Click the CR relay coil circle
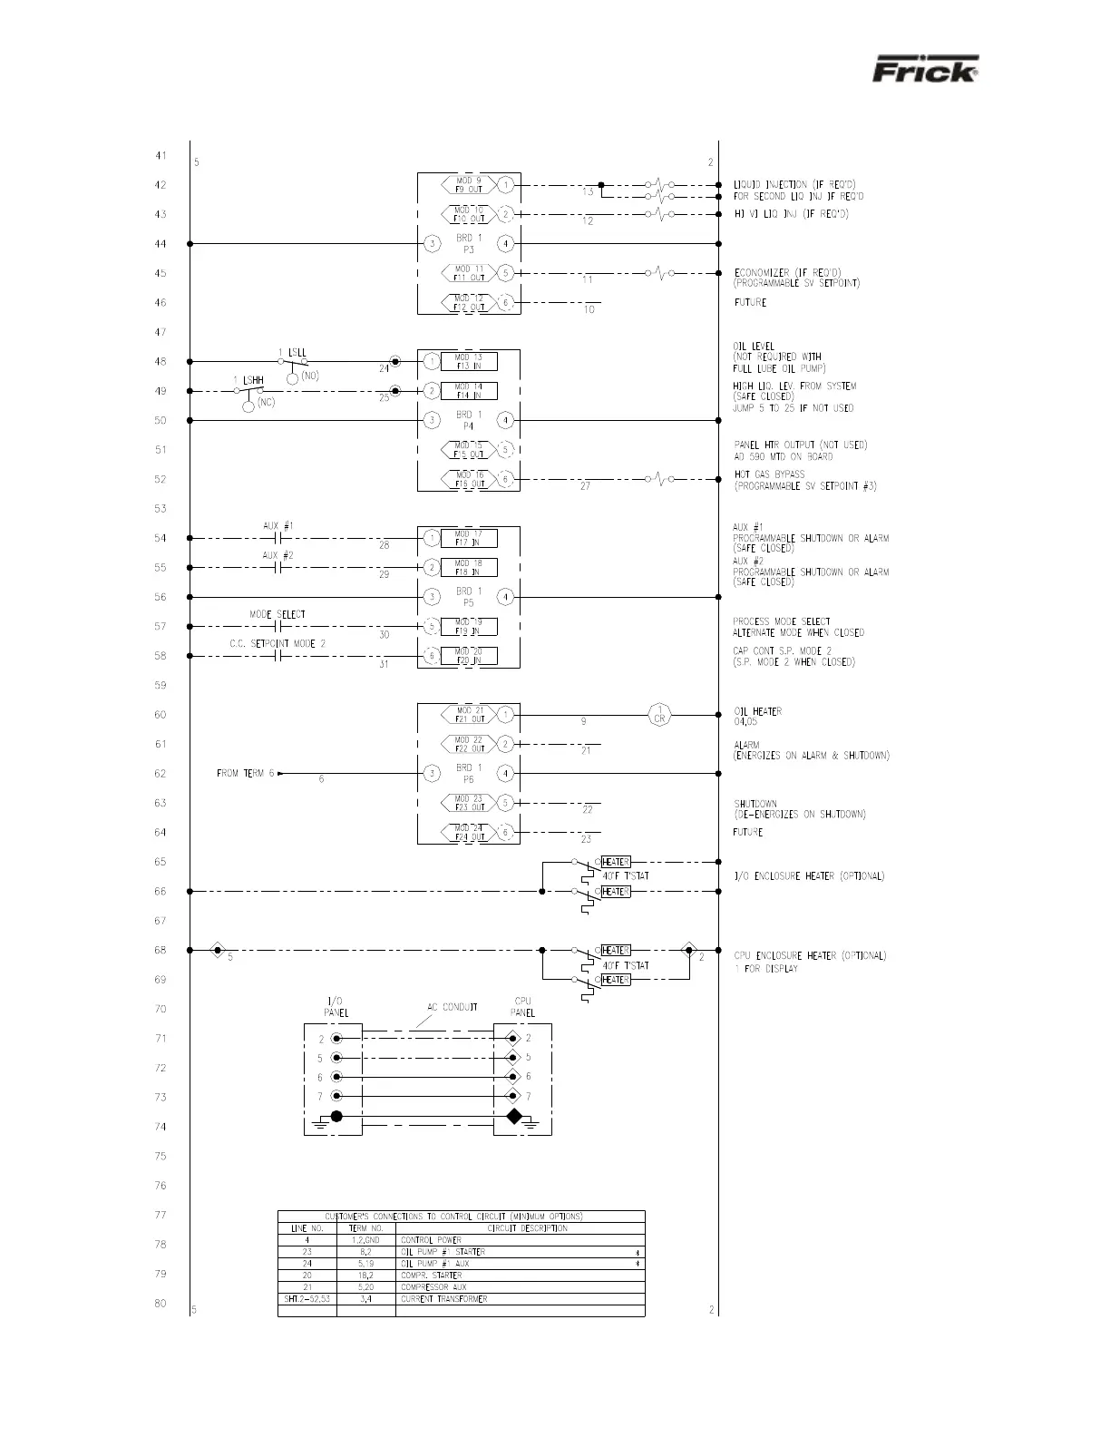660,715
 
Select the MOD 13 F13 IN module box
468,362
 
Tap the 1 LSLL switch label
292,351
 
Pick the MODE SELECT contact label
277,614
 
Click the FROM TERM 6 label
245,774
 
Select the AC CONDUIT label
453,1007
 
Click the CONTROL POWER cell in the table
431,1239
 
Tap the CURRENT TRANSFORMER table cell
443,1298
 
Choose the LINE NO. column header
307,1227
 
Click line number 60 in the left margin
161,715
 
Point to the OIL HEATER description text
757,711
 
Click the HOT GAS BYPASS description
769,474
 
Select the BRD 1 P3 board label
469,243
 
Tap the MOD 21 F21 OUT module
469,715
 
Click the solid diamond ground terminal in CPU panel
513,1116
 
